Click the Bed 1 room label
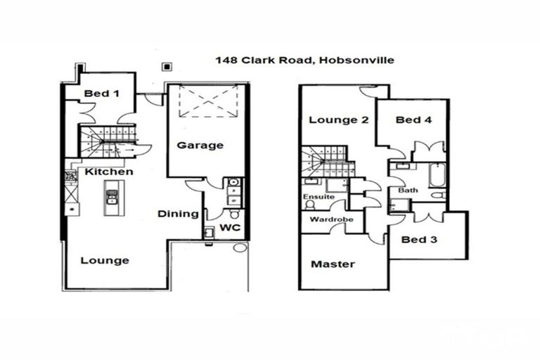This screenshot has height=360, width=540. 101,94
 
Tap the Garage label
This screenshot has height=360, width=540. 200,146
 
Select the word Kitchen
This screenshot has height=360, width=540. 109,172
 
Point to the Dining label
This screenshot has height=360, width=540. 178,214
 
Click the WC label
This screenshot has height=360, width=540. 230,228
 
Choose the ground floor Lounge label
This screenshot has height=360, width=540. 105,260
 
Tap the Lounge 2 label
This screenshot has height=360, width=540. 339,120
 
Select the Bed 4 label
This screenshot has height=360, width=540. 413,120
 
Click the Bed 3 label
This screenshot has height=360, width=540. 419,240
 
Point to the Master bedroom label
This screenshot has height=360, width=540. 333,264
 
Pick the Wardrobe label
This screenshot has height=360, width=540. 331,219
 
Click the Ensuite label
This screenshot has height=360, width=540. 319,197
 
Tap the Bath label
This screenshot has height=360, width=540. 408,190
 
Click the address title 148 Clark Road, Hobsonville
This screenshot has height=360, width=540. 304,60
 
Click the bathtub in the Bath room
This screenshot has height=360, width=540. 437,176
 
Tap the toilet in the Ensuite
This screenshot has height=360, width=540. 309,205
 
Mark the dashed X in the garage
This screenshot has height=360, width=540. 208,102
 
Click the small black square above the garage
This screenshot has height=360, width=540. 167,67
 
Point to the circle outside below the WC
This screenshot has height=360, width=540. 240,247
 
